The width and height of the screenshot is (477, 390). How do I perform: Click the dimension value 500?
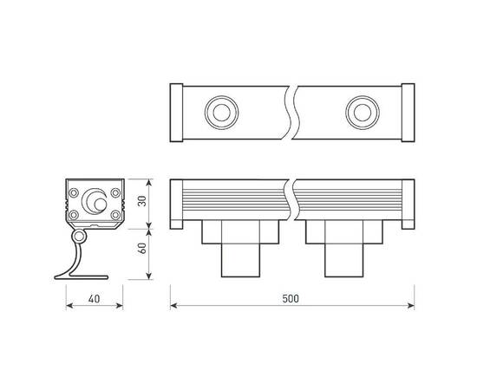(x=291, y=298)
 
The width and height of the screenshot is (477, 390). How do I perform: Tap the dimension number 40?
(x=95, y=298)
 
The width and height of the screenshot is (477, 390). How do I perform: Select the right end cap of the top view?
(x=406, y=112)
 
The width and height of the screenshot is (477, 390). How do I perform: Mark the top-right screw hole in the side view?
(x=114, y=192)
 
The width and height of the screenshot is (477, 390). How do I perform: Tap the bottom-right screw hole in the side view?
(x=114, y=214)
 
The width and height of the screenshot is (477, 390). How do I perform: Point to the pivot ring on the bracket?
(x=80, y=237)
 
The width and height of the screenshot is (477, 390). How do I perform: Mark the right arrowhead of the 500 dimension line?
(x=408, y=305)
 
